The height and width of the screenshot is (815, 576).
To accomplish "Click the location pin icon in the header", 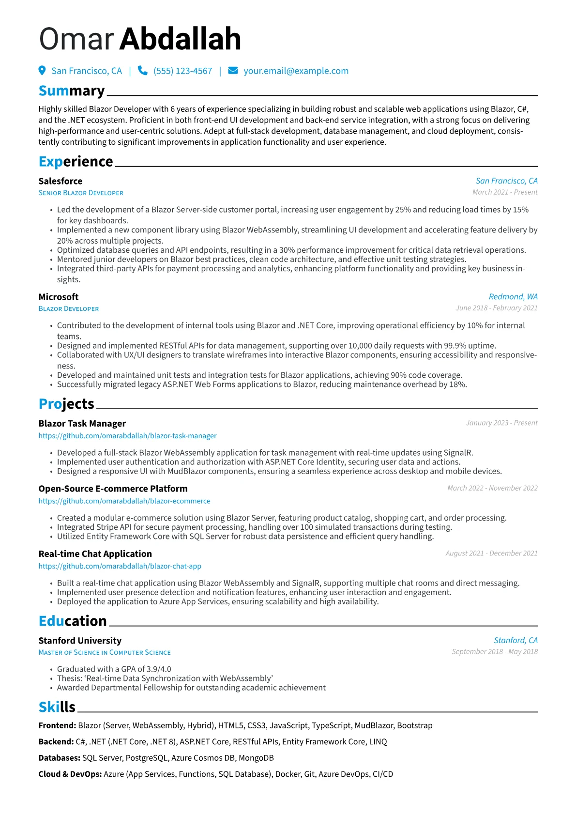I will pyautogui.click(x=42, y=71).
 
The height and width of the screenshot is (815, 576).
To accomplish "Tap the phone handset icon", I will pyautogui.click(x=142, y=71).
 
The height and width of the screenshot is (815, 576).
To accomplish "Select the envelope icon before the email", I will pyautogui.click(x=233, y=71).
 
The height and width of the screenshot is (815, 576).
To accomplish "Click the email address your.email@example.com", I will pyautogui.click(x=296, y=71).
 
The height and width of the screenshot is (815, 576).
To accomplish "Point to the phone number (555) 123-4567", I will pyautogui.click(x=182, y=71).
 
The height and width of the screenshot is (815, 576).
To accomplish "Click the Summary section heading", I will pyautogui.click(x=72, y=91).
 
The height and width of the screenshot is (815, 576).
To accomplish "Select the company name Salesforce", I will pyautogui.click(x=61, y=181).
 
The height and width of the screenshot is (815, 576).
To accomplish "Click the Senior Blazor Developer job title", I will pyautogui.click(x=81, y=193).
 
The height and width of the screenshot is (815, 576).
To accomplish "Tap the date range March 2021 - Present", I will pyautogui.click(x=505, y=192).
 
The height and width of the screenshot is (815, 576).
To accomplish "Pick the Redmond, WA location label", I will pyautogui.click(x=513, y=297).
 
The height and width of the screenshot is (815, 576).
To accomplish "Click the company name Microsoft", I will pyautogui.click(x=59, y=297).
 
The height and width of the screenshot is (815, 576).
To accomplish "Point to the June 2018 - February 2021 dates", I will pyautogui.click(x=497, y=308).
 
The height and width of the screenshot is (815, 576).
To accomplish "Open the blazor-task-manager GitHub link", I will pyautogui.click(x=127, y=436).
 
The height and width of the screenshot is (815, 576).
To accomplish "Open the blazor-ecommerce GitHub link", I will pyautogui.click(x=124, y=501).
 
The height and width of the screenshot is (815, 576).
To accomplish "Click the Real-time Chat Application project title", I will pyautogui.click(x=95, y=554).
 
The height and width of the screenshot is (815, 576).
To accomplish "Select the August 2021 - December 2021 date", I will pyautogui.click(x=491, y=554).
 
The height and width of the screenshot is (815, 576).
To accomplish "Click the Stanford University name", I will pyautogui.click(x=80, y=641).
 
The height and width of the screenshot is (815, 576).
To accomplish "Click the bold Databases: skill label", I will pyautogui.click(x=59, y=758).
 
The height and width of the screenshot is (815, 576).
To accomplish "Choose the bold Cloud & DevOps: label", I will pyautogui.click(x=70, y=774).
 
